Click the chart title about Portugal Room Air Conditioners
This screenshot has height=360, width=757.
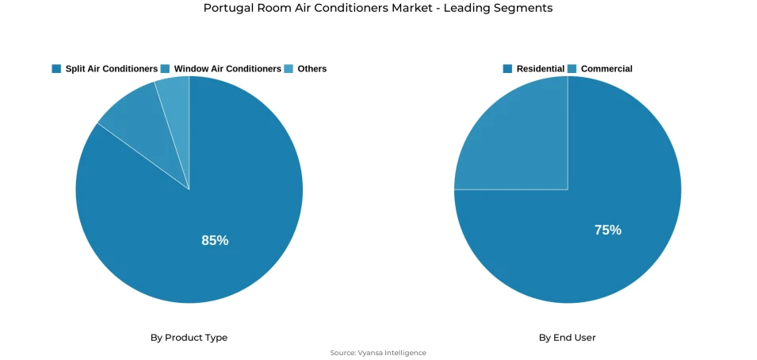coord(378,8)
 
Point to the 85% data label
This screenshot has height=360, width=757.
coord(215,240)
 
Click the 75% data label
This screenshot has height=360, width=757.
coord(608,230)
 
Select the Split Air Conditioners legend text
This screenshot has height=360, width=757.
coord(111,69)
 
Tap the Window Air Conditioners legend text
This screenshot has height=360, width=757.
coord(227,69)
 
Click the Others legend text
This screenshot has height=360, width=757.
coord(312,69)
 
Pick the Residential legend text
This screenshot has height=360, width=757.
coord(541,69)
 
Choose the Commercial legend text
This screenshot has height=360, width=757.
coord(606,69)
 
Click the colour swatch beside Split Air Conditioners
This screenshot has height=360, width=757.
coord(56,69)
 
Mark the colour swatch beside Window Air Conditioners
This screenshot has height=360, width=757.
coord(165,69)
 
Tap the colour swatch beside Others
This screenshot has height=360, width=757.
coord(289,69)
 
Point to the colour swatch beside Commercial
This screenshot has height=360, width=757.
coord(572,69)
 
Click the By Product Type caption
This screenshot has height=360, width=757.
coord(189,338)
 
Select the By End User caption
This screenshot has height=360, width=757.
coord(567,338)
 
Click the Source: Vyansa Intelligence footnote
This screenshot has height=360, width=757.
coord(378,353)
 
